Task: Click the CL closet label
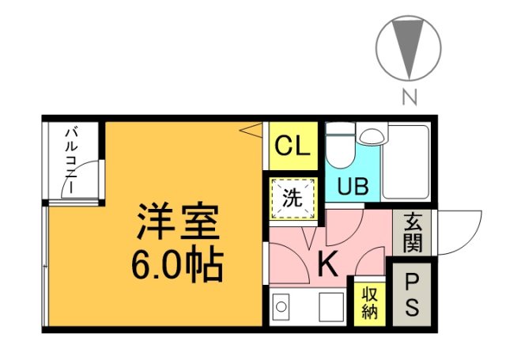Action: point(293,146)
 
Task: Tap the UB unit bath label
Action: point(353,187)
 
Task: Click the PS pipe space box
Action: point(412,294)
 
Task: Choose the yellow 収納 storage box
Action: point(369,301)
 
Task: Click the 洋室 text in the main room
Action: point(178,224)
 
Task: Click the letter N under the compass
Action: point(409,97)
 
